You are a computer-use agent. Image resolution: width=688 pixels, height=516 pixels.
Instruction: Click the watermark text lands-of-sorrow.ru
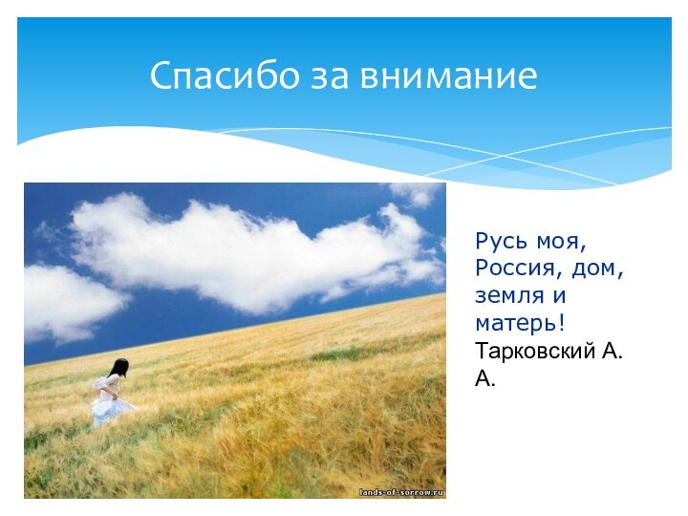(401, 491)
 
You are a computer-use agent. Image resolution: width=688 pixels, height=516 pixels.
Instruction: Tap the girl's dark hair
(119, 368)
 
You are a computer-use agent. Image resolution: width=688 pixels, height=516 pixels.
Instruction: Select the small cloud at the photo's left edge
(67, 301)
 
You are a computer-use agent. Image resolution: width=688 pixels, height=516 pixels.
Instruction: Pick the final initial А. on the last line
(485, 380)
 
